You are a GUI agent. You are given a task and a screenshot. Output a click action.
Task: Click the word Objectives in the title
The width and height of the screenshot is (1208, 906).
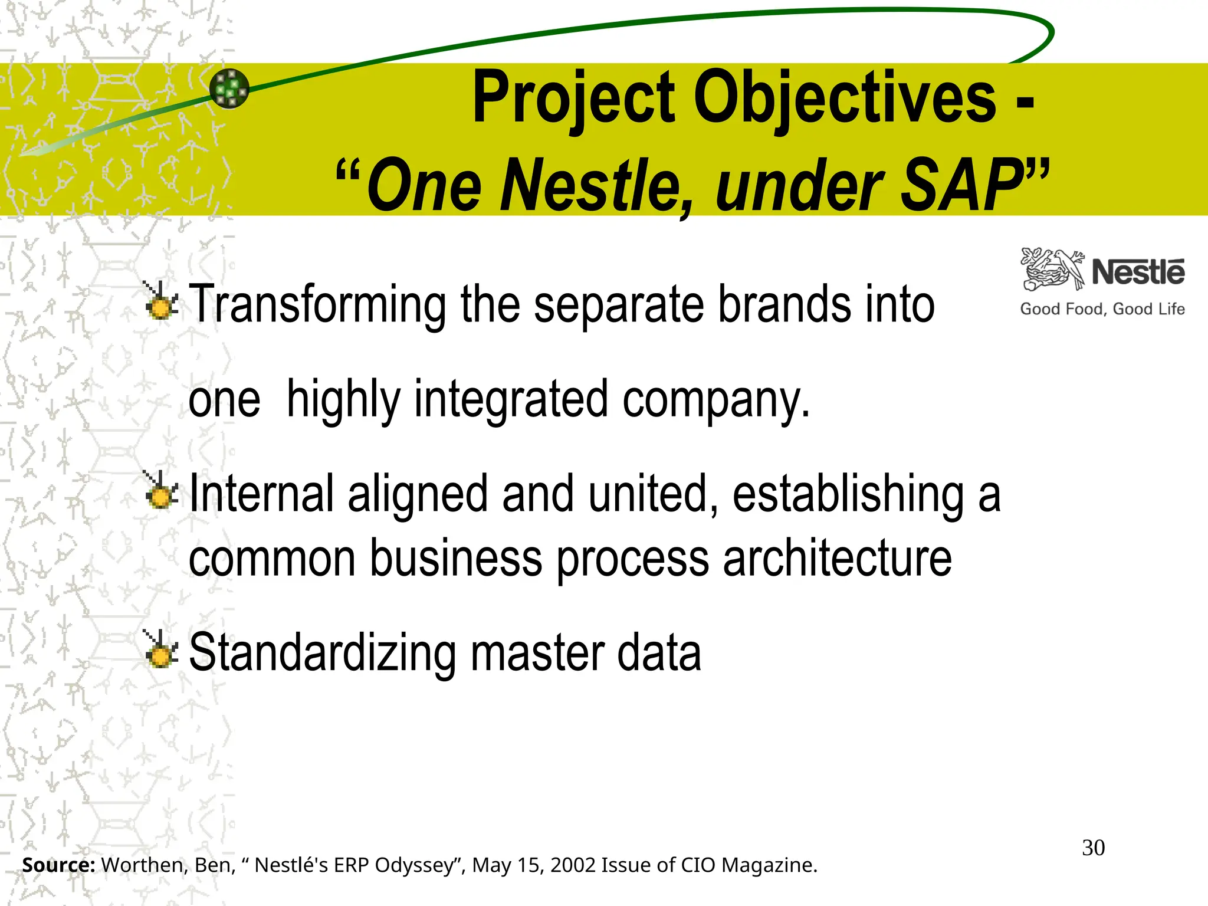(x=845, y=97)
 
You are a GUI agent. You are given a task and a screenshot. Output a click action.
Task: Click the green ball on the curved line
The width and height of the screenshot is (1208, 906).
(x=229, y=88)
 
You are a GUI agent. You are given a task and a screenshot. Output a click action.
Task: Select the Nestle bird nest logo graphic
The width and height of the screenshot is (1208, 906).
(x=1053, y=270)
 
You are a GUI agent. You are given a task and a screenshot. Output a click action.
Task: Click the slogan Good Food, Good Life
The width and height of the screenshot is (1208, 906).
(x=1102, y=309)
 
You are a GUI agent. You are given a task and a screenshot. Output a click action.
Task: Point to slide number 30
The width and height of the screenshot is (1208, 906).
(x=1093, y=848)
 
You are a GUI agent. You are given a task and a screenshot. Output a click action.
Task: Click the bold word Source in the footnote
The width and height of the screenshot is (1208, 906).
(x=58, y=865)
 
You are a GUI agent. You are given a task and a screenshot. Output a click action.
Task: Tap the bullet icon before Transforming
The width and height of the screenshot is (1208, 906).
(x=160, y=302)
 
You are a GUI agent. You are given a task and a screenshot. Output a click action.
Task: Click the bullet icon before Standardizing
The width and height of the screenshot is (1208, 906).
(x=160, y=650)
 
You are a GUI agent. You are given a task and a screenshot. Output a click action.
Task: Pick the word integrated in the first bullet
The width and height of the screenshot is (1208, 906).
(x=511, y=399)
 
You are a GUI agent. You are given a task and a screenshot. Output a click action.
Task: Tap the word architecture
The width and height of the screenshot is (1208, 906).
(x=837, y=559)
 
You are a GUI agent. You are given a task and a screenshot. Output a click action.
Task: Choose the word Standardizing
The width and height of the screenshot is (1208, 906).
(x=322, y=653)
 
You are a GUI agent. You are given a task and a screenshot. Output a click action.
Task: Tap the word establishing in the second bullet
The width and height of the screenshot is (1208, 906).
(x=848, y=494)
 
